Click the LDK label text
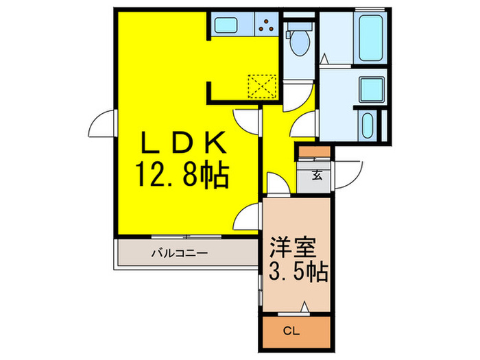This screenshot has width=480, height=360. click(184, 145)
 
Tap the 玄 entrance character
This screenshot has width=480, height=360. click(317, 174)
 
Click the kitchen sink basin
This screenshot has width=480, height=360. click(226, 25)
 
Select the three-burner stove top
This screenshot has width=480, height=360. click(265, 25)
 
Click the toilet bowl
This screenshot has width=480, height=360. click(299, 45)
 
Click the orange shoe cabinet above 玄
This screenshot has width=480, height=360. click(315, 151)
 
